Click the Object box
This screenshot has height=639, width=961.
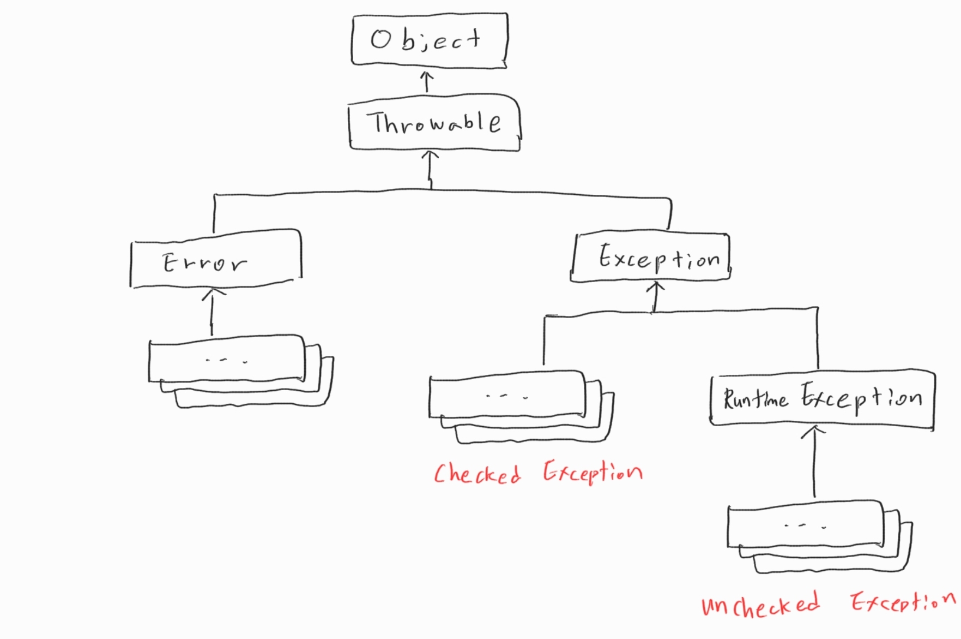pos(430,40)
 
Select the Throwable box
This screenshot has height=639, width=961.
pos(434,123)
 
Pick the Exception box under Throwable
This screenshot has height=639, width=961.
pos(651,258)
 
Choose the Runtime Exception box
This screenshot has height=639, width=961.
pos(822,398)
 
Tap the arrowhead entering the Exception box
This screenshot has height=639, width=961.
pos(656,285)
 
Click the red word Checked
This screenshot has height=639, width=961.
pos(477,474)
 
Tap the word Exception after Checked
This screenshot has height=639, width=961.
pos(593,472)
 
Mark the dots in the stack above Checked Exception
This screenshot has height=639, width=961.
pos(507,396)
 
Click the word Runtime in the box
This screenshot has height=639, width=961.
pos(755,398)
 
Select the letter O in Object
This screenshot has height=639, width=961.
pos(380,39)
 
